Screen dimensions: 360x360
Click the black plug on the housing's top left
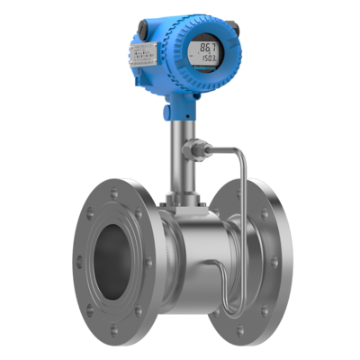(140, 31)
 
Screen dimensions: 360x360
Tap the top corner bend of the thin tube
(238, 148)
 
